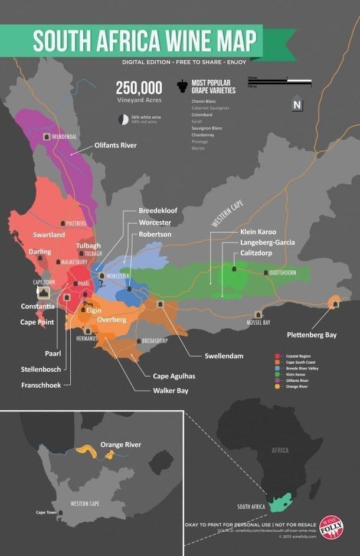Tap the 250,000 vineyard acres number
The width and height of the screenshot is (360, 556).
[x=139, y=88]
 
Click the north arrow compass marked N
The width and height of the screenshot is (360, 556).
[x=296, y=104]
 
